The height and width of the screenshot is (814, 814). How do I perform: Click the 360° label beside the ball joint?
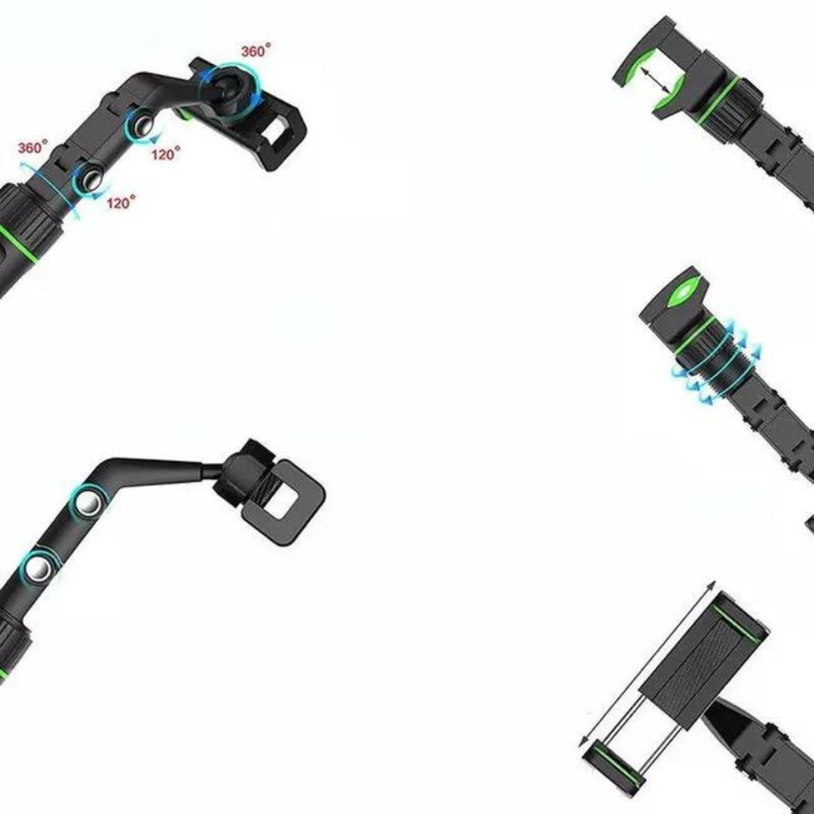[x=256, y=51]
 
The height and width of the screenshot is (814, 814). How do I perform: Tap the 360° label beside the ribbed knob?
[x=32, y=147]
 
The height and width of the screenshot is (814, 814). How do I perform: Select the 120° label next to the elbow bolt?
[x=166, y=153]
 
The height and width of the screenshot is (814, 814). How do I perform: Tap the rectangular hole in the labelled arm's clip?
[x=274, y=132]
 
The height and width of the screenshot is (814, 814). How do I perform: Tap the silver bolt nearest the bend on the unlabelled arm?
[x=89, y=502]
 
